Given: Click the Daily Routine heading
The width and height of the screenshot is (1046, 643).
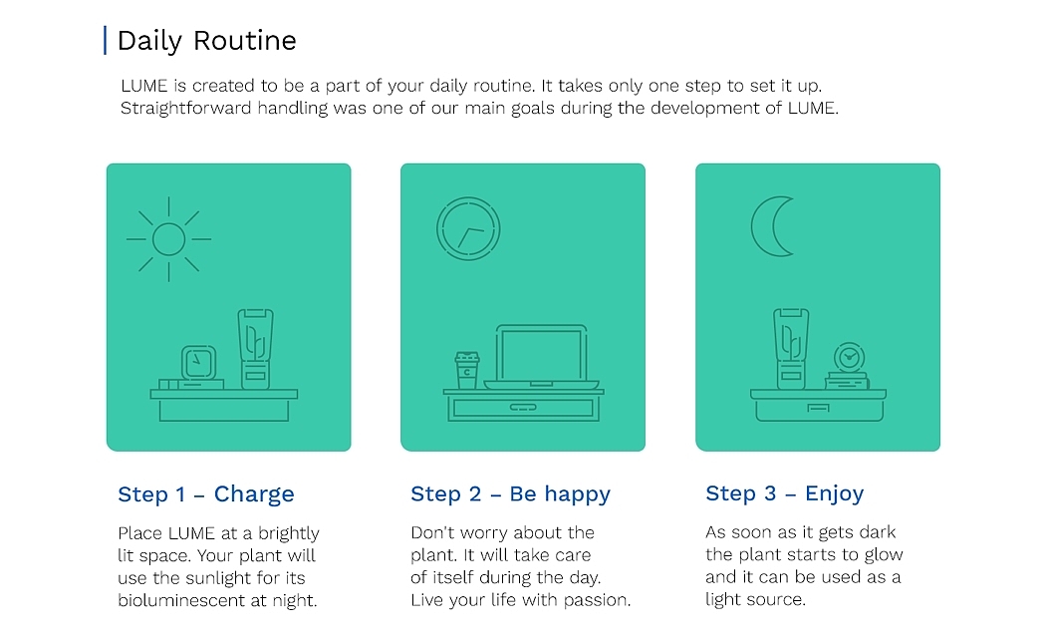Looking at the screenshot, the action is (206, 42).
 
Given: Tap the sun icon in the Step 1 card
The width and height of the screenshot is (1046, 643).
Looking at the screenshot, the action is (168, 239).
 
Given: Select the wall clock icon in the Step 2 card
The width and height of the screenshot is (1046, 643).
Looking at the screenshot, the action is (468, 228).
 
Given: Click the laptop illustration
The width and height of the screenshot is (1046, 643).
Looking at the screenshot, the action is (541, 357).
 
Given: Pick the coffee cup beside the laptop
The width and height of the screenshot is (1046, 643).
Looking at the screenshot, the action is (466, 370).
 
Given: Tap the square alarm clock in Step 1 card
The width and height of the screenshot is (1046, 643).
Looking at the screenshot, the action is (198, 363).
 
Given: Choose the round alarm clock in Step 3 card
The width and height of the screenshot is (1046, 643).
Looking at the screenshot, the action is (849, 358).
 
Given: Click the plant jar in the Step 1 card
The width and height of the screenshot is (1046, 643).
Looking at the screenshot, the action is (255, 349).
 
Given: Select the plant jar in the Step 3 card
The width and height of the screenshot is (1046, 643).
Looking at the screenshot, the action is (791, 349).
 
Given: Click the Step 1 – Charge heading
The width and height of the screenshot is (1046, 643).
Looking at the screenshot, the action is (206, 494).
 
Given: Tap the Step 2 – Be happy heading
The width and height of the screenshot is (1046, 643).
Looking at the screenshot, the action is (510, 494).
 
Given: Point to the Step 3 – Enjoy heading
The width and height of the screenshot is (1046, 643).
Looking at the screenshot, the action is (785, 493).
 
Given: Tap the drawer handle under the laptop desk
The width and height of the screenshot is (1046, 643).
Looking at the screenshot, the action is (523, 408).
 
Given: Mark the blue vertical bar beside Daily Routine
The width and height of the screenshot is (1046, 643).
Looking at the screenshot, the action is (105, 41).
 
